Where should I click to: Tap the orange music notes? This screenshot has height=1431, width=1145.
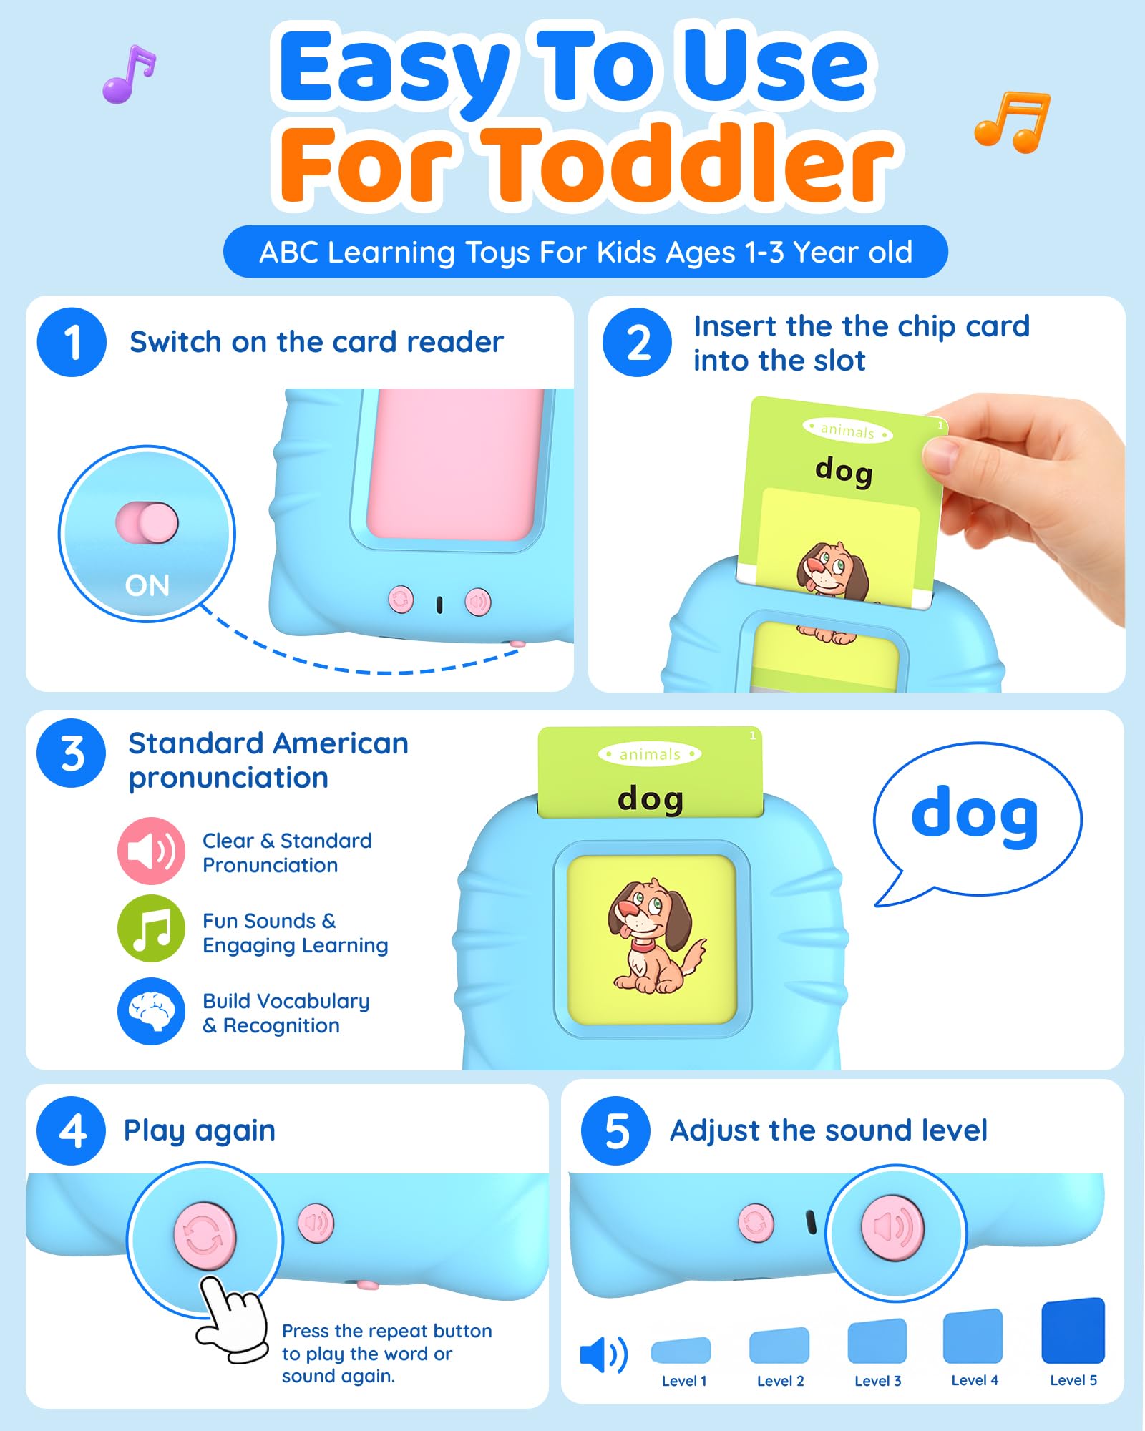[x=1013, y=122]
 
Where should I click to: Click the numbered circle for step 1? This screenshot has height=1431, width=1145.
[x=72, y=342]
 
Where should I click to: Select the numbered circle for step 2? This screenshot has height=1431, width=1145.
[x=637, y=342]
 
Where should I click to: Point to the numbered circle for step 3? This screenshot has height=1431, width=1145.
[x=72, y=753]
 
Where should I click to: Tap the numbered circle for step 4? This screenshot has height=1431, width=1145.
[x=72, y=1130]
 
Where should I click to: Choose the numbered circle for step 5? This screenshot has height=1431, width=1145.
[x=615, y=1130]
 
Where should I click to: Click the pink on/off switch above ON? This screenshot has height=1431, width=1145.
[x=147, y=522]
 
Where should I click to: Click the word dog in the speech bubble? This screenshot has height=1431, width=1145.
[x=975, y=816]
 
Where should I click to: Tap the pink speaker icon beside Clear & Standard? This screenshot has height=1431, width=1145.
[x=152, y=851]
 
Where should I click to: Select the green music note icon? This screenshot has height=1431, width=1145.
[x=152, y=929]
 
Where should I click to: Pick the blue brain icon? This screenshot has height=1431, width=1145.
[x=152, y=1011]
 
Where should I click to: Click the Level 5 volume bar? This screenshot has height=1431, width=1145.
[x=1073, y=1331]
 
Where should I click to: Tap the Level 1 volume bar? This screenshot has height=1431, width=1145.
[x=681, y=1349]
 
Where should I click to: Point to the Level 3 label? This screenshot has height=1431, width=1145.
[x=877, y=1381]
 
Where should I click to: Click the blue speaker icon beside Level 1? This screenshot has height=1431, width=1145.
[x=604, y=1354]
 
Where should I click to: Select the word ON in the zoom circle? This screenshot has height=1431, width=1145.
[x=147, y=585]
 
